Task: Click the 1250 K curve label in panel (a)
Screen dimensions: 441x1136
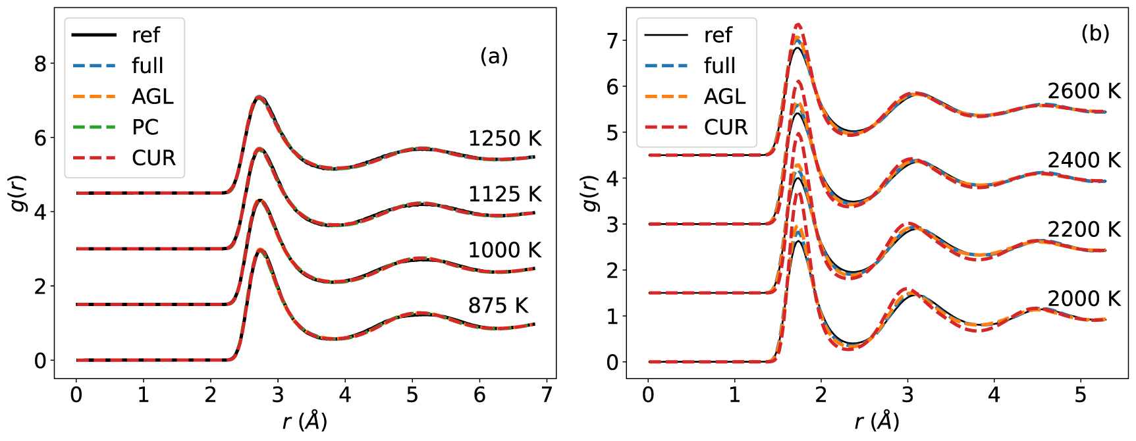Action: (504, 139)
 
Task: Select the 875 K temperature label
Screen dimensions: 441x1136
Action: (498, 306)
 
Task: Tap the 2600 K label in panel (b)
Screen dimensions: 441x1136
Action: (1084, 91)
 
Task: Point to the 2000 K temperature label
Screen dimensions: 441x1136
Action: (1084, 299)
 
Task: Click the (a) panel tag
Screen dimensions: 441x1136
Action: (494, 57)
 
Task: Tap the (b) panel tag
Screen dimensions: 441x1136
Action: (1095, 33)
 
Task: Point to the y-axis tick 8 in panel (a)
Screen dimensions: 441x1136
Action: (40, 64)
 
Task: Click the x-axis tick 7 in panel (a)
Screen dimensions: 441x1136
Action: (547, 395)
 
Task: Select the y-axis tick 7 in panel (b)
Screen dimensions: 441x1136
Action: (612, 41)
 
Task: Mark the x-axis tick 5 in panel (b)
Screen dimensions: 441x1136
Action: (1080, 395)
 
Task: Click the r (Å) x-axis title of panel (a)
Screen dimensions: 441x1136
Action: (304, 421)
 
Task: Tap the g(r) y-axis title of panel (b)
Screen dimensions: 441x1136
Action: (591, 194)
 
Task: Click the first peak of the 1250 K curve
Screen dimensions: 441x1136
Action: (259, 97)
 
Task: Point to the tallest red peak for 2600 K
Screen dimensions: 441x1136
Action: (798, 24)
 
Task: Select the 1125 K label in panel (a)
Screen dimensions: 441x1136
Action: (504, 195)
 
